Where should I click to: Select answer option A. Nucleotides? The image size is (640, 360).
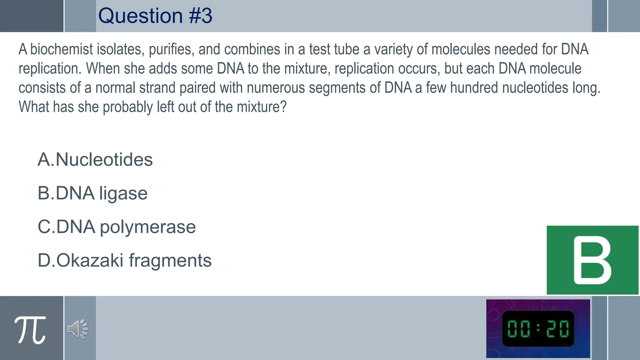pyautogui.click(x=95, y=160)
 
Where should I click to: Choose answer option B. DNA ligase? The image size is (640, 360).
pyautogui.click(x=92, y=193)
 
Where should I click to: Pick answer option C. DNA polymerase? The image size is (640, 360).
pyautogui.click(x=117, y=227)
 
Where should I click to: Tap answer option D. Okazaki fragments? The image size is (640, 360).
pyautogui.click(x=124, y=260)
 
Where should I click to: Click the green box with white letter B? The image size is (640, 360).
pyautogui.click(x=592, y=260)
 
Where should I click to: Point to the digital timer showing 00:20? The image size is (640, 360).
pyautogui.click(x=538, y=329)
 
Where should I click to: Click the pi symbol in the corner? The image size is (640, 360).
pyautogui.click(x=30, y=329)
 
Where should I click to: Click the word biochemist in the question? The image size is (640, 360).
pyautogui.click(x=62, y=49)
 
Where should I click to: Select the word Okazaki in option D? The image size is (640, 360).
pyautogui.click(x=90, y=260)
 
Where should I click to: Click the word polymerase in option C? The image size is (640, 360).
pyautogui.click(x=147, y=227)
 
